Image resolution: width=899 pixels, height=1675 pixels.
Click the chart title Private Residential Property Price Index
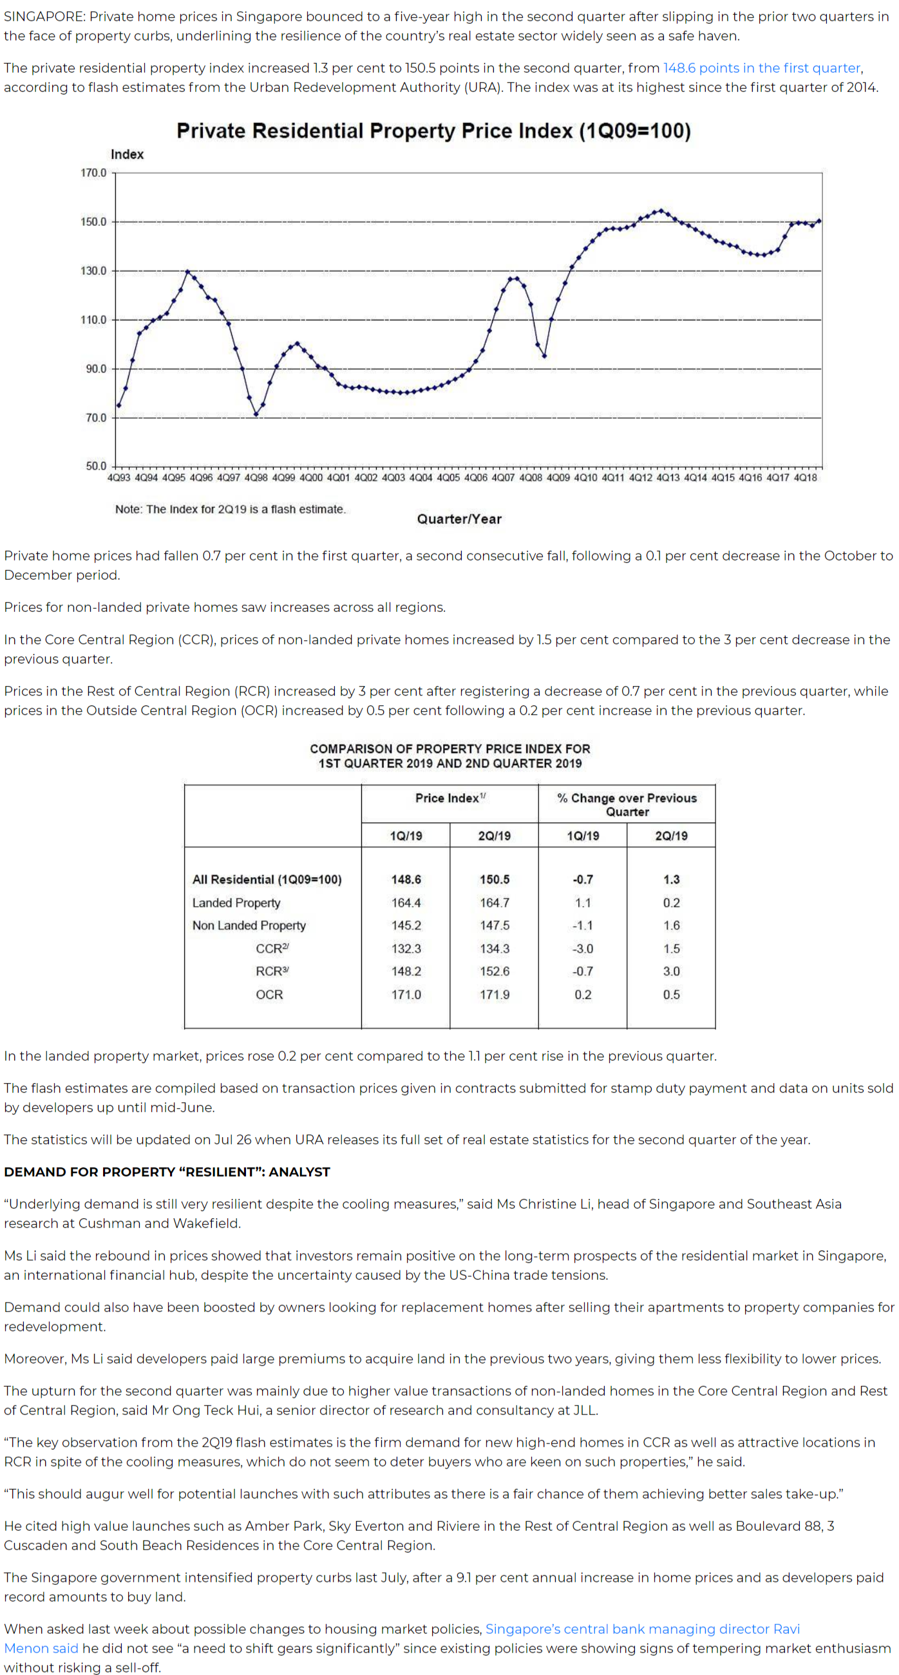click(x=433, y=131)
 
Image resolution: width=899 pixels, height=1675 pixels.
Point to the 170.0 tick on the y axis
click(x=93, y=173)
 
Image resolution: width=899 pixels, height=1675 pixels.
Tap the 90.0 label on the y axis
click(x=95, y=369)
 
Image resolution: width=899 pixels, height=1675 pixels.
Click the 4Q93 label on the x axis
click(x=118, y=478)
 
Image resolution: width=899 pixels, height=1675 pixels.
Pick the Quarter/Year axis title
click(x=459, y=519)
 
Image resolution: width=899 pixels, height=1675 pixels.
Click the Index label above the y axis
click(x=127, y=154)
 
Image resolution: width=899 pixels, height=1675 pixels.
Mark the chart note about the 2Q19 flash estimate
click(x=231, y=509)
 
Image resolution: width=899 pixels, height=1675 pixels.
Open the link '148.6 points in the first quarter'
click(x=762, y=68)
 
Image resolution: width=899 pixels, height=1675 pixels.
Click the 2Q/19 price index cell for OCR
click(x=495, y=994)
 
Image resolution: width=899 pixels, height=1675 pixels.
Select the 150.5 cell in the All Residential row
click(x=495, y=879)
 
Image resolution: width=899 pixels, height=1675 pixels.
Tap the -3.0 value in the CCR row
click(x=583, y=949)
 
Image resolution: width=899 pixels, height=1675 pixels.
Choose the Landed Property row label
click(x=236, y=903)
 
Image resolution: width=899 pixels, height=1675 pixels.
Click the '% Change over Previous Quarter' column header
click(x=627, y=804)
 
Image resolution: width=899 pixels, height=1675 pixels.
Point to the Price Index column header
click(x=449, y=798)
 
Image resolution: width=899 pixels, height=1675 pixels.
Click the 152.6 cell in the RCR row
click(x=495, y=972)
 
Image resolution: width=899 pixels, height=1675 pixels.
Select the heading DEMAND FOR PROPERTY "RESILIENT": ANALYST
click(x=167, y=1172)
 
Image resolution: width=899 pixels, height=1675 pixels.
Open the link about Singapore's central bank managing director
click(x=642, y=1629)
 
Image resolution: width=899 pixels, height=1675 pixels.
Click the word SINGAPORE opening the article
click(x=43, y=17)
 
